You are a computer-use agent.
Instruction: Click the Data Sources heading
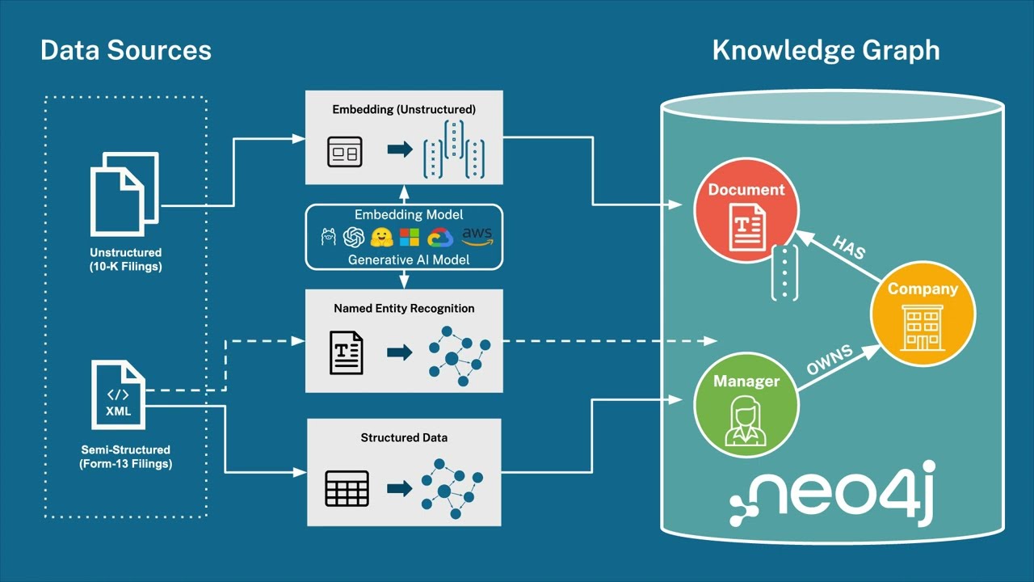[x=125, y=50]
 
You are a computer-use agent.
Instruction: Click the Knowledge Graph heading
[x=826, y=50]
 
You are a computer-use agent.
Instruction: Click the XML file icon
[x=118, y=395]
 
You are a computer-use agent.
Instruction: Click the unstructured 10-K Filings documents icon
[x=124, y=194]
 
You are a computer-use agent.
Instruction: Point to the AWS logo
[x=477, y=237]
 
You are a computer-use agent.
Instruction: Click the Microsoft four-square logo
[x=410, y=238]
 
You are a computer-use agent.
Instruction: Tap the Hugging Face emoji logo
[x=381, y=238]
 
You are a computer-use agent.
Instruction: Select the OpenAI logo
[x=353, y=238]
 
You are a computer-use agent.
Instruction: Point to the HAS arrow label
[x=848, y=248]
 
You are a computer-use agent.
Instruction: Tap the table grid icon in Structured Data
[x=347, y=488]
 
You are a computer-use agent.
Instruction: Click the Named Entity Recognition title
[x=404, y=308]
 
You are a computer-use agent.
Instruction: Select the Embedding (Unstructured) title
[x=404, y=108]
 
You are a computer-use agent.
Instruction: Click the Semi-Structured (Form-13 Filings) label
[x=125, y=457]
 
